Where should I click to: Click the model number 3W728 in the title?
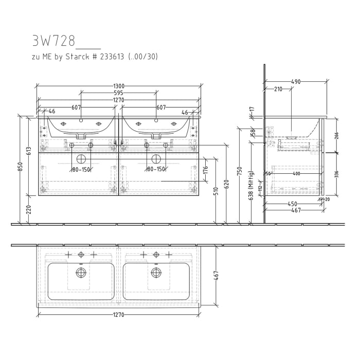pyautogui.click(x=53, y=41)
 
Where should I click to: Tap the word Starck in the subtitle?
pyautogui.click(x=92, y=57)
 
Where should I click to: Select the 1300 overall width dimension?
pyautogui.click(x=119, y=86)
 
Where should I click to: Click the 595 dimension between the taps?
pyautogui.click(x=119, y=93)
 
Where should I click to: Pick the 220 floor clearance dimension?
pyautogui.click(x=29, y=209)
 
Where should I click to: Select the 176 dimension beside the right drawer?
pyautogui.click(x=205, y=170)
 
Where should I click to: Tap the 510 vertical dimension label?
pyautogui.click(x=216, y=191)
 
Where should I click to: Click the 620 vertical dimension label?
pyautogui.click(x=226, y=184)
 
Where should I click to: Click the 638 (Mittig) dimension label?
pyautogui.click(x=250, y=186)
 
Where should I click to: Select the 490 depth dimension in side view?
pyautogui.click(x=296, y=82)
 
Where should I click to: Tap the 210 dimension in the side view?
pyautogui.click(x=278, y=89)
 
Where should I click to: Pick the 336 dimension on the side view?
pyautogui.click(x=336, y=174)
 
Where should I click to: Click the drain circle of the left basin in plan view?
pyautogui.click(x=80, y=272)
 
